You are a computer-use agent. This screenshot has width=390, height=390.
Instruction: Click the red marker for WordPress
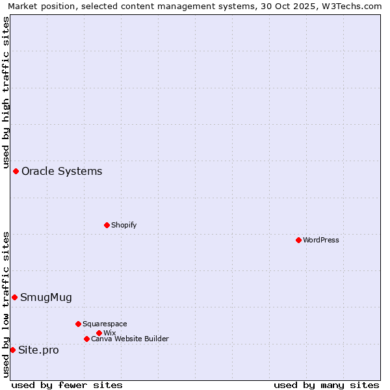pos(298,240)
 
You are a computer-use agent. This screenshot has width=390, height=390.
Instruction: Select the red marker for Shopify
pos(107,225)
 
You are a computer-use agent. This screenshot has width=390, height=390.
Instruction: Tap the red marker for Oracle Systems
pos(16,171)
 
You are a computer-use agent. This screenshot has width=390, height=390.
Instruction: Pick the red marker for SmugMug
pos(14,297)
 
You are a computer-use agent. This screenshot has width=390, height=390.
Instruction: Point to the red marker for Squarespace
pos(78,324)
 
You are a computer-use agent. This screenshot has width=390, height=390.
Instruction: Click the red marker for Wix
pos(99,333)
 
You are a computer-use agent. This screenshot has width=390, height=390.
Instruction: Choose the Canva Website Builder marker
pos(86,339)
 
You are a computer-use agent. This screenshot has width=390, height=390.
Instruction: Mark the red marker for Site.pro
pos(12,350)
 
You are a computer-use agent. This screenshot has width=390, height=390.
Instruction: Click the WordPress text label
pos(321,240)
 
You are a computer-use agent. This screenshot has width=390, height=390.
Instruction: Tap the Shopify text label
pos(124,225)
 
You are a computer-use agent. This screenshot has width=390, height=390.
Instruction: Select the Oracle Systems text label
pos(62,171)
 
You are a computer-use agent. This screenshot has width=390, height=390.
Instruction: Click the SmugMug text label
pos(46,297)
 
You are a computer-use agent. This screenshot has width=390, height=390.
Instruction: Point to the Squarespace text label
pos(105,324)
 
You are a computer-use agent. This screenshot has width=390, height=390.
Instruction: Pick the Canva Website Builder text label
pos(130,339)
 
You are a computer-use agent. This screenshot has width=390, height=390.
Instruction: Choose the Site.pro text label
pos(38,350)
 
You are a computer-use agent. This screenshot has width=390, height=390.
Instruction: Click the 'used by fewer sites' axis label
pos(67,385)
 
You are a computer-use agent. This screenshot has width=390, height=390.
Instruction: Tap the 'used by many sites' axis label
pos(326,385)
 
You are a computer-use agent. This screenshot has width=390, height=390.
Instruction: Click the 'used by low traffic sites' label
pos(6,304)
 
